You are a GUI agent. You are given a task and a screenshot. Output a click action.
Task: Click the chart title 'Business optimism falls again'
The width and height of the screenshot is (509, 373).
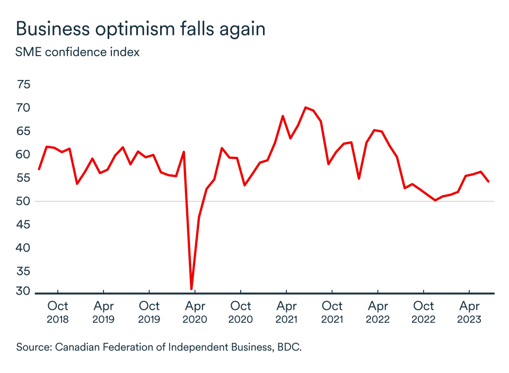point(141,29)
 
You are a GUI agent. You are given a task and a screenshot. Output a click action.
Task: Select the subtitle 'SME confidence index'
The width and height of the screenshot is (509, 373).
point(78,52)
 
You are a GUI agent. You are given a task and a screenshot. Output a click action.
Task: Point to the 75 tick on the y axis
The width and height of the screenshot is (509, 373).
point(24,84)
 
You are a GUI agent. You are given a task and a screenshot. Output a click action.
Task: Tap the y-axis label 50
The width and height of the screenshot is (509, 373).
point(24,201)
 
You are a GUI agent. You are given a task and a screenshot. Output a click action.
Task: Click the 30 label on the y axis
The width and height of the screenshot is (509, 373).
point(24,291)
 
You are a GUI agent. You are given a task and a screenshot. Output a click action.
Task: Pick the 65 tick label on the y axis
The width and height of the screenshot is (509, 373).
point(24,131)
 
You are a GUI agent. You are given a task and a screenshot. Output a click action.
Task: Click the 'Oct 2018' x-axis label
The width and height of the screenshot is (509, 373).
point(57,312)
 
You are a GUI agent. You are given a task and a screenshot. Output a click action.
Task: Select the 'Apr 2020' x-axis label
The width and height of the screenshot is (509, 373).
point(195,312)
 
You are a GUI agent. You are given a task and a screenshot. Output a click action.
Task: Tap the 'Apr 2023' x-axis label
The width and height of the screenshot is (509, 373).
point(469,312)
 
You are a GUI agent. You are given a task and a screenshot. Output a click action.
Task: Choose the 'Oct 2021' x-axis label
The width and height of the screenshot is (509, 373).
point(332,312)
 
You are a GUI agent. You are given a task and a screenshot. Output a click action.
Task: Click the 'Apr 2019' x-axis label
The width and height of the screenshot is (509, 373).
point(103,312)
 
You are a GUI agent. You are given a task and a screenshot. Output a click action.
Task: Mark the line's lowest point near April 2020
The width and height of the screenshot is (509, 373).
point(191,289)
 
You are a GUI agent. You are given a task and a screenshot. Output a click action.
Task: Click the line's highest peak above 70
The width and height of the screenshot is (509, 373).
point(305,108)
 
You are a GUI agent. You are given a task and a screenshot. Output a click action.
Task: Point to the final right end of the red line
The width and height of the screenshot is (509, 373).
point(488,182)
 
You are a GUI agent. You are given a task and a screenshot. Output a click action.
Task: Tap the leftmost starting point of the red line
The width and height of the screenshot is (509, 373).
point(39,169)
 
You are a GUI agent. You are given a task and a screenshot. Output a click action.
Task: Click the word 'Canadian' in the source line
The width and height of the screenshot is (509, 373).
point(81,347)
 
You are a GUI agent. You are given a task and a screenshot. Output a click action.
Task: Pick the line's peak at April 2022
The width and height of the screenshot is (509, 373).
point(374,130)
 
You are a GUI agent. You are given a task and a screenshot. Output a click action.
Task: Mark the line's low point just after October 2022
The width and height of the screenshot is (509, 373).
point(435,200)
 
